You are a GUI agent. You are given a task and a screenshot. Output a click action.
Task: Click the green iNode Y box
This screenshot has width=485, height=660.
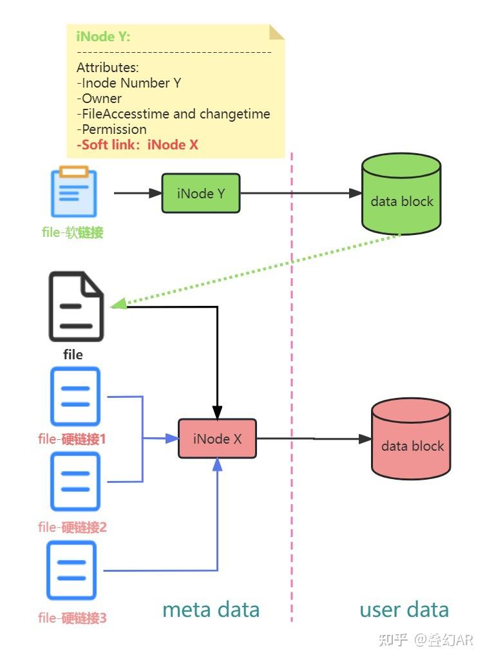(201, 193)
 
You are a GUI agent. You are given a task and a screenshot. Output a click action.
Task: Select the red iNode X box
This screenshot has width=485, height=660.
(217, 438)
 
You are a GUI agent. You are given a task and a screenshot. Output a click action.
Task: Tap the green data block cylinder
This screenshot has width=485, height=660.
(401, 194)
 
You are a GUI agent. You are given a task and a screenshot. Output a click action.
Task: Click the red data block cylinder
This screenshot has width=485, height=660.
(411, 438)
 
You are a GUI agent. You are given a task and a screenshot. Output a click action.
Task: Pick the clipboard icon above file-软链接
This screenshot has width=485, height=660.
(73, 191)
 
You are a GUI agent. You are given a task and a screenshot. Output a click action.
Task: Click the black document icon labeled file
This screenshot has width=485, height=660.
(76, 306)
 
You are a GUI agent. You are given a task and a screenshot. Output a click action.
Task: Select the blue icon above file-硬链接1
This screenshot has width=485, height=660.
(75, 396)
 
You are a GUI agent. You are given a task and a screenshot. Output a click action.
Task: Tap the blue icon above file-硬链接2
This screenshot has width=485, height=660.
(75, 482)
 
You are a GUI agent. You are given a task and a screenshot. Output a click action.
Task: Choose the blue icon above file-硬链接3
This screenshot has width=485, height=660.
(71, 570)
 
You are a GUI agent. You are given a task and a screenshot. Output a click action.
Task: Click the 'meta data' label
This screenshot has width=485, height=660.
(211, 610)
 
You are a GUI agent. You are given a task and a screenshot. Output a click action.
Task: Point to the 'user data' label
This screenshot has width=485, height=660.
(404, 610)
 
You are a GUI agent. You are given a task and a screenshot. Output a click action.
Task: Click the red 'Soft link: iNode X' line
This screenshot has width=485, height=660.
(137, 145)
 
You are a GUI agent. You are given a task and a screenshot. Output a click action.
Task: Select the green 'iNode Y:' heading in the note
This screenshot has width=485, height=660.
(104, 37)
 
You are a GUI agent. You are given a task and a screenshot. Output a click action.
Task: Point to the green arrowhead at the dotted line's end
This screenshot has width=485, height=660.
(119, 304)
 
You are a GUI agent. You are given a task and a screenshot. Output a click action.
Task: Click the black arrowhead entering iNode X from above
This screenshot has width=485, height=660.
(217, 413)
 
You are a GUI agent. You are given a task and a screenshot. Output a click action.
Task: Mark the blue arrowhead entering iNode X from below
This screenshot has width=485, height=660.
(217, 464)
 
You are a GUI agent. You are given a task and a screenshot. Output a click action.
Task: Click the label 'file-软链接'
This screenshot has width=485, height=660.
(72, 232)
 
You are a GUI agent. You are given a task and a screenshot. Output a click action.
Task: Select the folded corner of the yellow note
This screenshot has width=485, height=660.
(276, 32)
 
